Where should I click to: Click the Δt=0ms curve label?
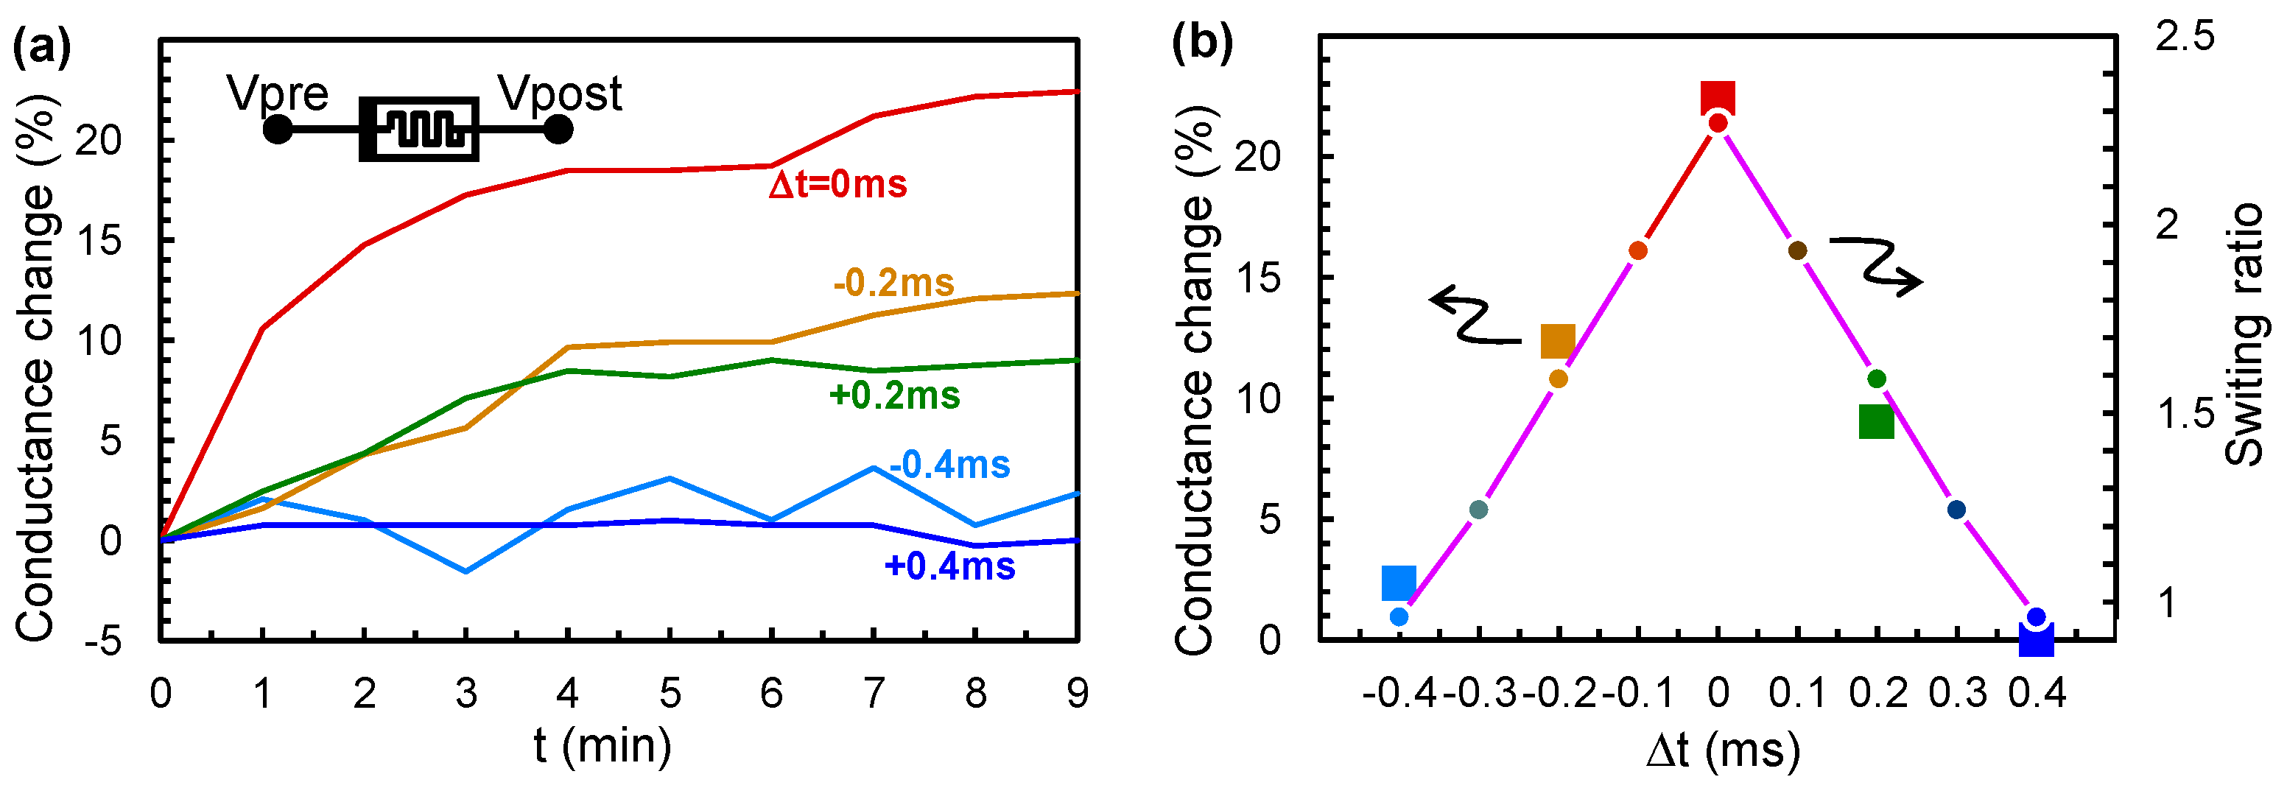pos(837,185)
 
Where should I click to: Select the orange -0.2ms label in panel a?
pos(893,283)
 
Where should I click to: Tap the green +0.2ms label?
pos(894,395)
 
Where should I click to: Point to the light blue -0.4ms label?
pos(949,465)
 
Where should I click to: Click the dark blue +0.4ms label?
pos(949,566)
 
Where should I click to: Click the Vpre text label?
pos(277,94)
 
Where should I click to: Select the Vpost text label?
pos(559,94)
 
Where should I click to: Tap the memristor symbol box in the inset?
pos(419,130)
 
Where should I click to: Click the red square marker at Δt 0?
pos(1717,99)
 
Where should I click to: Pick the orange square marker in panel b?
pos(1557,341)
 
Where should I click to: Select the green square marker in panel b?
pos(1876,421)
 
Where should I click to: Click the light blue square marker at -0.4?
pos(1398,583)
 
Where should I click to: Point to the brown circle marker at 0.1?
pos(1797,251)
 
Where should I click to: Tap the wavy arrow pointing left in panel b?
pos(1474,316)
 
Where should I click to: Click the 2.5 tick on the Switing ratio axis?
pos(2185,38)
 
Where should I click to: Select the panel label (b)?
pos(1201,43)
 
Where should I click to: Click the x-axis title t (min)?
pos(603,745)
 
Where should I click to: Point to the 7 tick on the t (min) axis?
pos(874,693)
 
